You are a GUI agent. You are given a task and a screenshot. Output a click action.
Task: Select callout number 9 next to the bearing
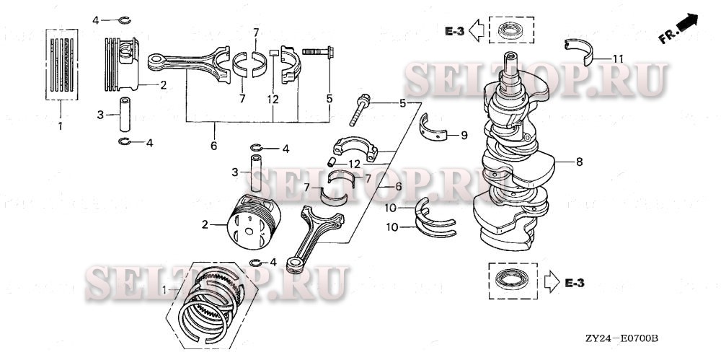pyautogui.click(x=464, y=134)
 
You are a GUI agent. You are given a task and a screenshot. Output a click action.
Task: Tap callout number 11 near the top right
pyautogui.click(x=618, y=58)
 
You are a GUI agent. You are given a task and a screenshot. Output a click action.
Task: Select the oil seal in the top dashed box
pyautogui.click(x=510, y=31)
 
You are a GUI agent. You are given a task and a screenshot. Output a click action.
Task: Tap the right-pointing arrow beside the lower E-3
pyautogui.click(x=550, y=281)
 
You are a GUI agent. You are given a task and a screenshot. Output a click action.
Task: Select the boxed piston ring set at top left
pyautogui.click(x=62, y=63)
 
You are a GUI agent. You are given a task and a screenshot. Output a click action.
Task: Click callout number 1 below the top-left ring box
pyautogui.click(x=61, y=126)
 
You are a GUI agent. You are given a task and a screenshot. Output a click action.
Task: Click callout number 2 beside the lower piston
pyautogui.click(x=205, y=224)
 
